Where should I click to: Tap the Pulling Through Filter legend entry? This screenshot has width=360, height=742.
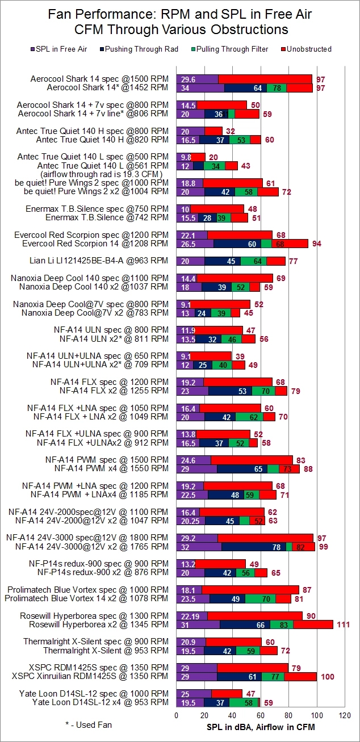231,49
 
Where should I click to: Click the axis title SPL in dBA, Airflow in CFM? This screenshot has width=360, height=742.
261,727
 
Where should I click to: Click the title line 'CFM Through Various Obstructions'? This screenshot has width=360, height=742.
180,29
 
